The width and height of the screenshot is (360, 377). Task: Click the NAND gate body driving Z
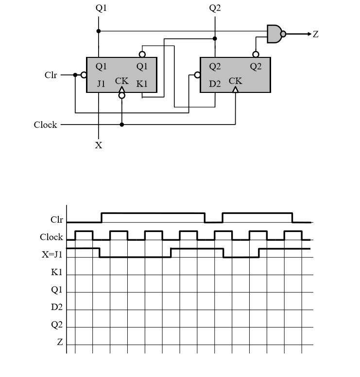coord(274,34)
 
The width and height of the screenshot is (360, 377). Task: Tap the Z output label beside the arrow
coord(315,34)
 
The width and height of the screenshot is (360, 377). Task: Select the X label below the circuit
coord(99,145)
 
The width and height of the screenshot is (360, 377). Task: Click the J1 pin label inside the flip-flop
coord(101,84)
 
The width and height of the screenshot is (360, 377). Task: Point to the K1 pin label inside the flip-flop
coord(141,84)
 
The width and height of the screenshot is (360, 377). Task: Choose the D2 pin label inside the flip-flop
coord(215,84)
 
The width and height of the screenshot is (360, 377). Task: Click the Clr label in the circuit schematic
coord(51,75)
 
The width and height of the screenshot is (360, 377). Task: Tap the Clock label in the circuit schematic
coord(45,125)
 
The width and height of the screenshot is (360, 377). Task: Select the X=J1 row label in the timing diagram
coord(52,255)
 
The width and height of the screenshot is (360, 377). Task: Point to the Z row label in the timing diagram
coord(60,342)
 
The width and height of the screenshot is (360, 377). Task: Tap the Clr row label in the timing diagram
coord(56,220)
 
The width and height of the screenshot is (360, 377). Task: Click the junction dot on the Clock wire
coord(121,125)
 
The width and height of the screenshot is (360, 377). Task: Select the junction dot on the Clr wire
coord(75,75)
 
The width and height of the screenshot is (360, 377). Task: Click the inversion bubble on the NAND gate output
coord(283,34)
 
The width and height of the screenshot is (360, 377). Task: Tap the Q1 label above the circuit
coord(99,8)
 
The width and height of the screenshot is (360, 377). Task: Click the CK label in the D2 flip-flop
coord(236,81)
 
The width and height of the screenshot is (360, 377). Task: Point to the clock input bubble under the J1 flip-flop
coord(121,96)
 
